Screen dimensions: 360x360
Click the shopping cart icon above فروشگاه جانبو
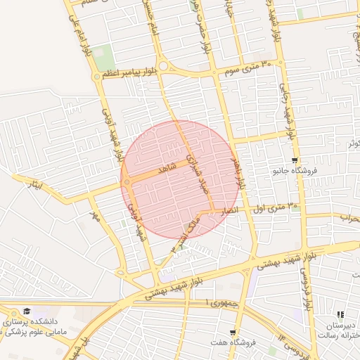click(x=294, y=160)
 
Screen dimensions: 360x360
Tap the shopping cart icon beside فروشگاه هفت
click(x=232, y=333)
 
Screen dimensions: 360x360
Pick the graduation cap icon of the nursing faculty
click(x=26, y=311)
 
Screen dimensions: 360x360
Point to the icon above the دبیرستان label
click(x=340, y=315)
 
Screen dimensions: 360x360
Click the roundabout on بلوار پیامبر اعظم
click(x=163, y=66)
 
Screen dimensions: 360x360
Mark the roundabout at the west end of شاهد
click(x=127, y=183)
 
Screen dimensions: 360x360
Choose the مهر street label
click(x=95, y=213)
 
